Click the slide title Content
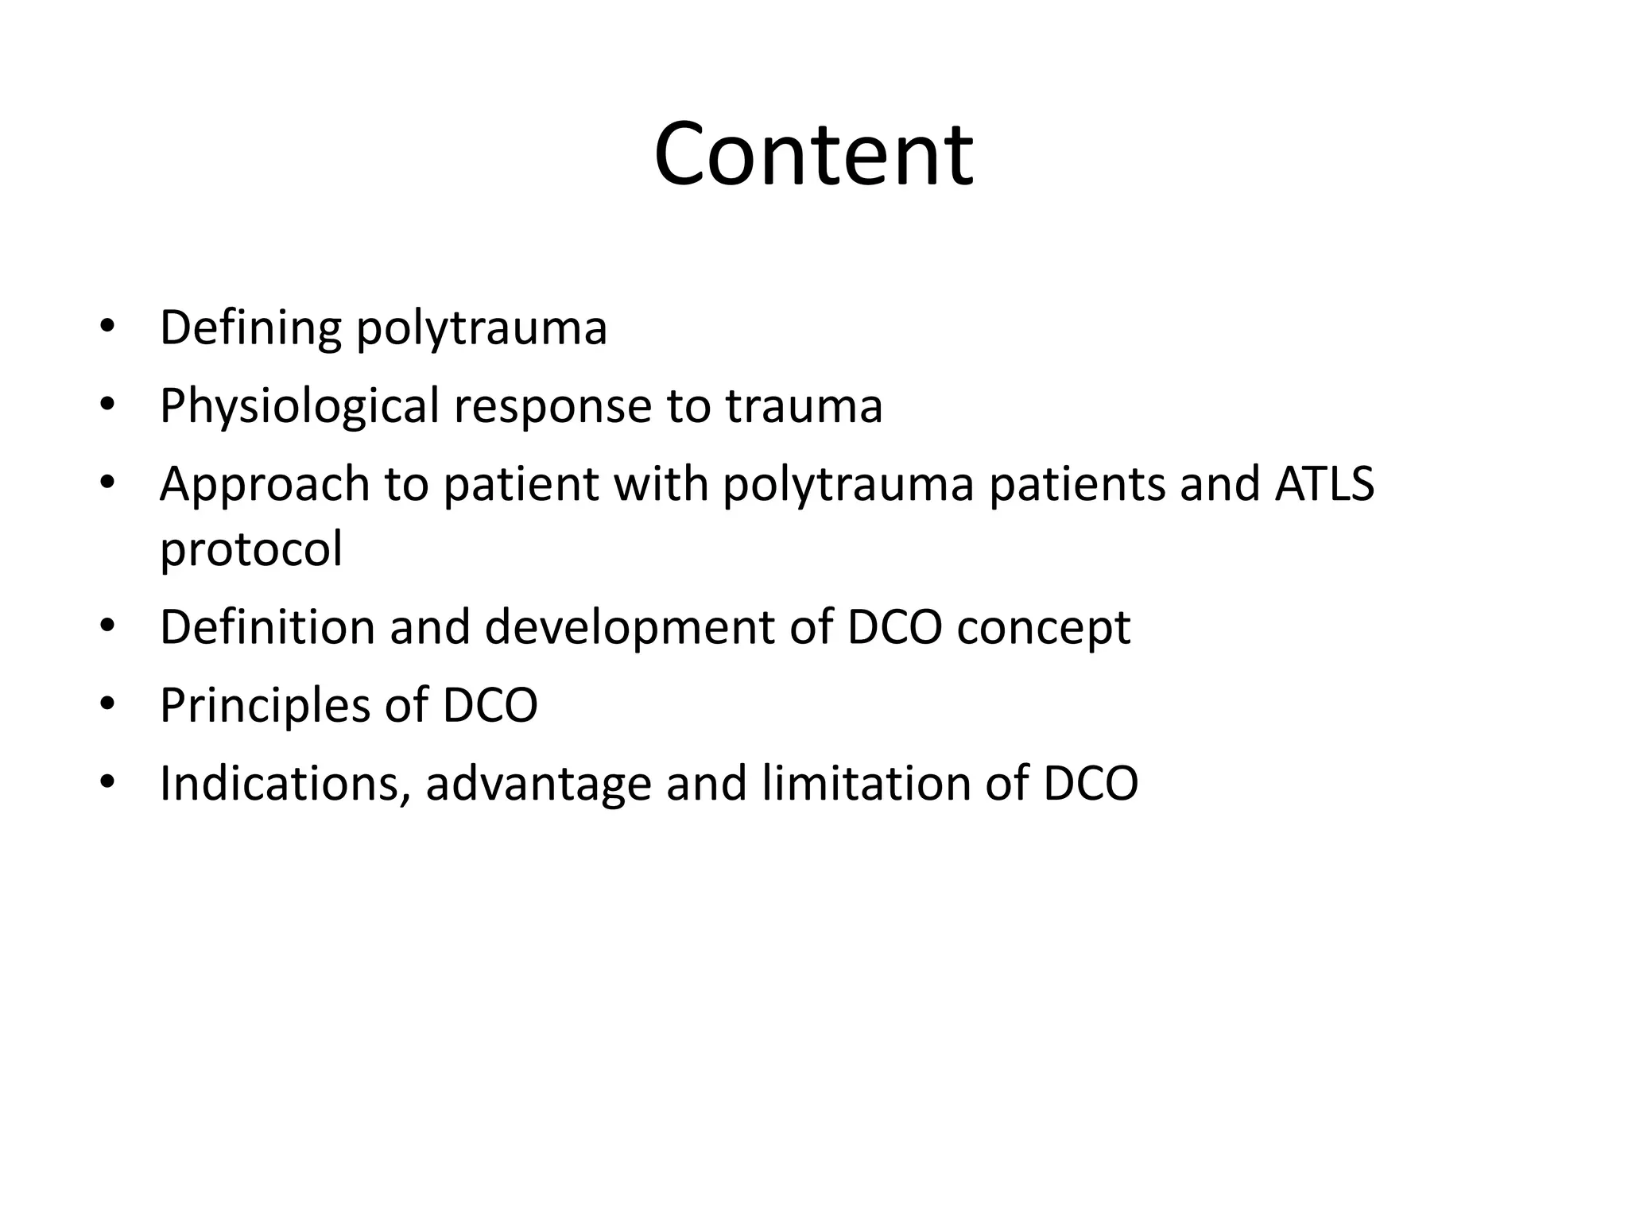(x=813, y=153)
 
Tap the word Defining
(x=250, y=328)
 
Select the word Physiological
(x=299, y=406)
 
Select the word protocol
(x=251, y=548)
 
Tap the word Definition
(x=267, y=626)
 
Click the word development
(x=628, y=628)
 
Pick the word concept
(x=1043, y=628)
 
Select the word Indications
(x=285, y=783)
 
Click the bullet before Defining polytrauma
(x=108, y=328)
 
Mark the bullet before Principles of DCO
(x=108, y=705)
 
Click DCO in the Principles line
(x=490, y=705)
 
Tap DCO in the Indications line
(x=1090, y=783)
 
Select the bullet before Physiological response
(x=108, y=406)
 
